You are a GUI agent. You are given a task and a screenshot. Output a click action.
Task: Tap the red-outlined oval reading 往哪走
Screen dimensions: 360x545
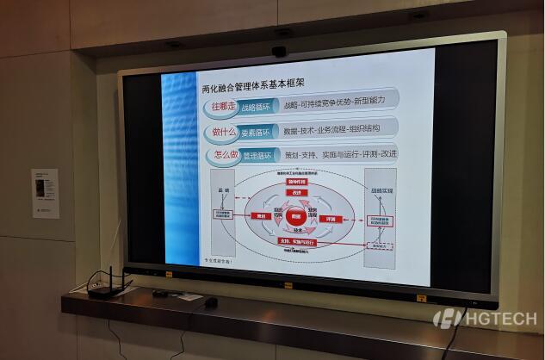pyautogui.click(x=222, y=107)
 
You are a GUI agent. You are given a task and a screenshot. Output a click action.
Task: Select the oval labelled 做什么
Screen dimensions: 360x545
pyautogui.click(x=223, y=132)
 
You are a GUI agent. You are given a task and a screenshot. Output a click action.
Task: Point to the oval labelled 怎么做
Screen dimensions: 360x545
pyautogui.click(x=224, y=156)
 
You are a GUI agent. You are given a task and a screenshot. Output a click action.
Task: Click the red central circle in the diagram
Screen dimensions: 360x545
pyautogui.click(x=294, y=217)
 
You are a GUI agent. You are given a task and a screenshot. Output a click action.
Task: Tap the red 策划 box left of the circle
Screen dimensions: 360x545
pyautogui.click(x=258, y=216)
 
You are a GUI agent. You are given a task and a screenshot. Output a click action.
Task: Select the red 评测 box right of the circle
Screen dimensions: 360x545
pyautogui.click(x=331, y=220)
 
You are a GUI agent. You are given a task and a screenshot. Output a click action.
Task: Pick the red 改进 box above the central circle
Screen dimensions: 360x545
pyautogui.click(x=295, y=195)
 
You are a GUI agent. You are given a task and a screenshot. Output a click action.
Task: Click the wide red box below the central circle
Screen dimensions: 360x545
pyautogui.click(x=295, y=243)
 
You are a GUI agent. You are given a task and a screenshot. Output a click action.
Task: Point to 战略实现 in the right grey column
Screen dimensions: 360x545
pyautogui.click(x=381, y=190)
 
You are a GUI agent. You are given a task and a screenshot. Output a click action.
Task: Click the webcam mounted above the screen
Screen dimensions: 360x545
pyautogui.click(x=281, y=51)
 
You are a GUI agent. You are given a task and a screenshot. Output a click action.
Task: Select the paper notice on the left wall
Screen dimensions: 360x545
pyautogui.click(x=45, y=192)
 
